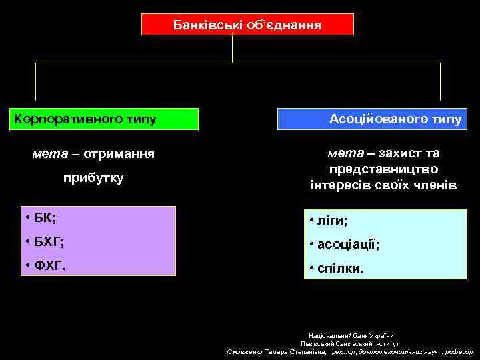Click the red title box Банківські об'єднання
[247, 25]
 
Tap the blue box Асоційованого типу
[372, 119]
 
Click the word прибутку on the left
[93, 179]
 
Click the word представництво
[383, 169]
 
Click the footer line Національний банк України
[351, 335]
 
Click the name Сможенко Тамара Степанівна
[277, 351]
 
